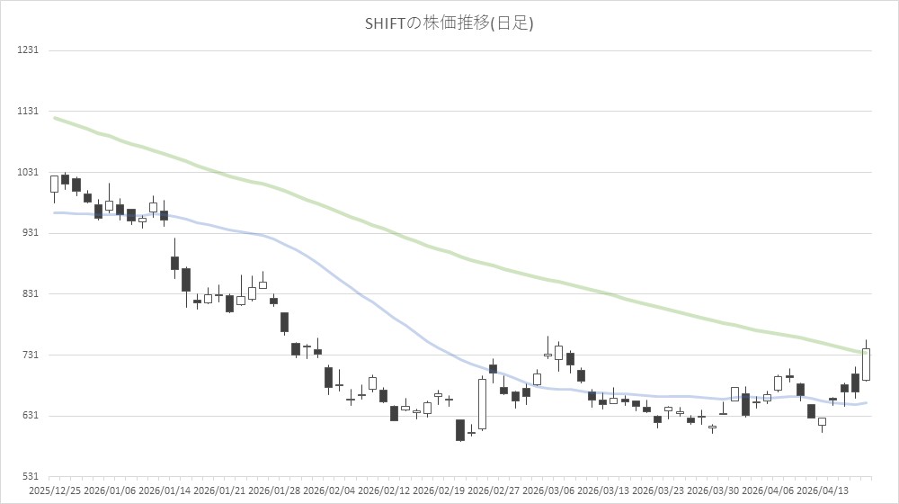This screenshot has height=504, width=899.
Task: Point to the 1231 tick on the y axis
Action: pyautogui.click(x=27, y=49)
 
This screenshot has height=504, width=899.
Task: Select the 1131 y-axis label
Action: pyautogui.click(x=27, y=111)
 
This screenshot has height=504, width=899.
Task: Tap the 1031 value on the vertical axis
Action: pyautogui.click(x=27, y=172)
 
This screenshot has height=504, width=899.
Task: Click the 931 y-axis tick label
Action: pyautogui.click(x=29, y=233)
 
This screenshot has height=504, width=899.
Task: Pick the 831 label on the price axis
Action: pyautogui.click(x=29, y=293)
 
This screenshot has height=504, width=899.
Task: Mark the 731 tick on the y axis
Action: pyautogui.click(x=29, y=355)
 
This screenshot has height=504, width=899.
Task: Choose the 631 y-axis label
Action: pyautogui.click(x=29, y=416)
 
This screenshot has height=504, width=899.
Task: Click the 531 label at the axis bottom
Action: pyautogui.click(x=29, y=476)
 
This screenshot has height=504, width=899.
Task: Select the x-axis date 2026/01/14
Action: pyautogui.click(x=165, y=491)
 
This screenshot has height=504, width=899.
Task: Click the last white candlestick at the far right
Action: pyautogui.click(x=867, y=364)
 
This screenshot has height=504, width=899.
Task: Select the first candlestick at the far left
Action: pyautogui.click(x=54, y=184)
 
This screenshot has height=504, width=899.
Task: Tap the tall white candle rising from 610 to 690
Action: pyautogui.click(x=482, y=404)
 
